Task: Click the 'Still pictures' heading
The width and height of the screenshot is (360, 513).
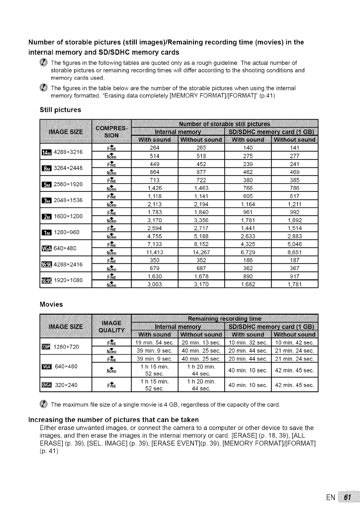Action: (x=60, y=109)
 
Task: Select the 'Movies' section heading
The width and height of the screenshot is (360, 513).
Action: (x=52, y=301)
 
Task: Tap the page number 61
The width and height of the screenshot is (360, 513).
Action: (x=348, y=498)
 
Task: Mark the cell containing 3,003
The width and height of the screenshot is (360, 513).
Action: (x=154, y=284)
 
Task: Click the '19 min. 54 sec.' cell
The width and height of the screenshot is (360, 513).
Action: (x=154, y=342)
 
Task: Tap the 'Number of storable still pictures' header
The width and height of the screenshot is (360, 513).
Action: (x=224, y=124)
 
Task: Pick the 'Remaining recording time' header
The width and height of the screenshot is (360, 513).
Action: (x=224, y=318)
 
